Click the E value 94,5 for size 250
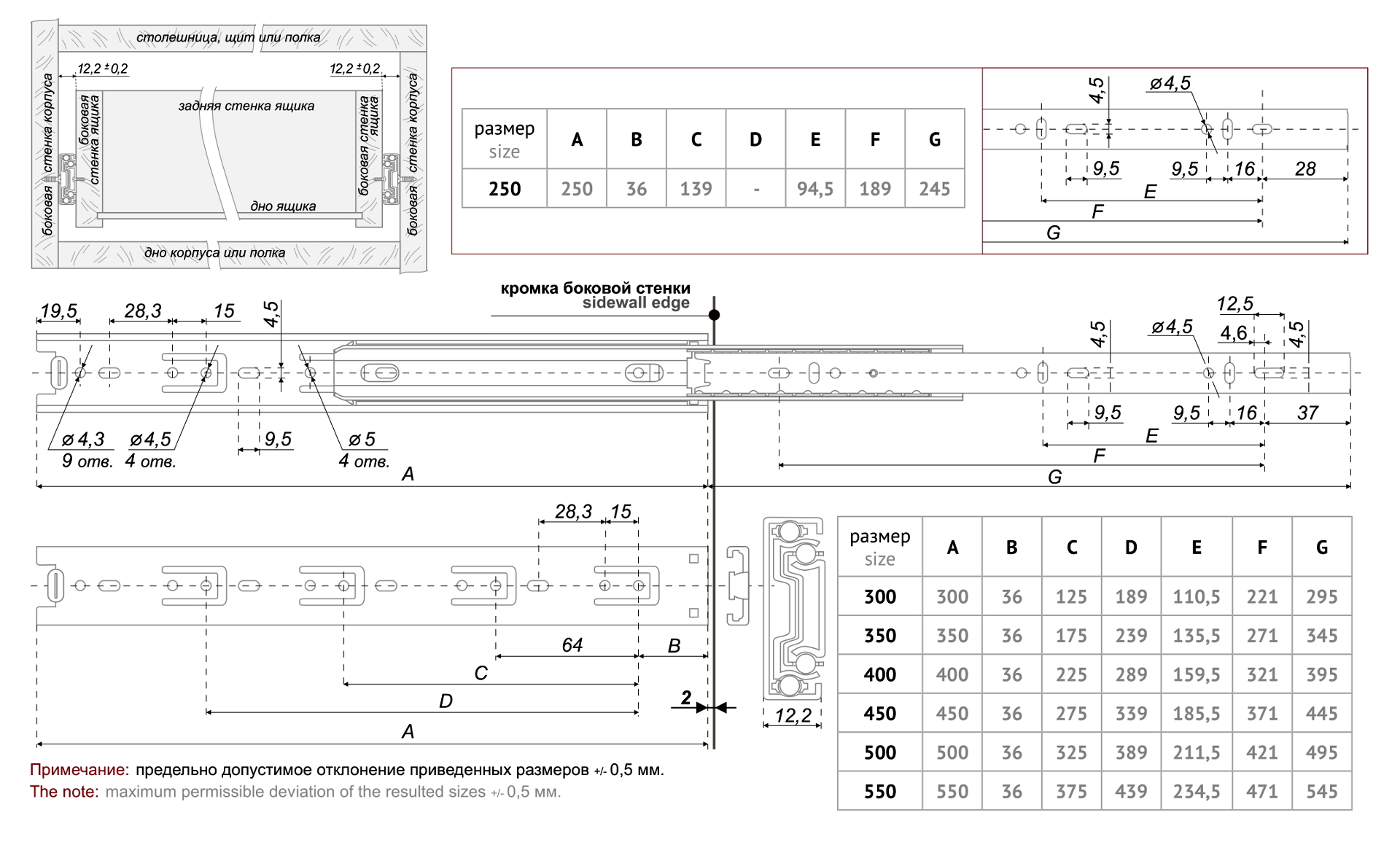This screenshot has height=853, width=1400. [x=814, y=189]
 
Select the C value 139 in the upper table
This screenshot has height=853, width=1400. [x=696, y=189]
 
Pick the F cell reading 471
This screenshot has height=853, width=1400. [x=1261, y=791]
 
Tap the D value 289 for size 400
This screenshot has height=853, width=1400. [x=1130, y=674]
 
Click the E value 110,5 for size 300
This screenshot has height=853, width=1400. [x=1196, y=596]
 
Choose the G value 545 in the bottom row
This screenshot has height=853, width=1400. [x=1321, y=791]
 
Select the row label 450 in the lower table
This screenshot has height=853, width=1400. [x=879, y=713]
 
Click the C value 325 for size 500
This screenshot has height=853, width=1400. [x=1070, y=752]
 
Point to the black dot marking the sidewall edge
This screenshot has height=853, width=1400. [x=714, y=315]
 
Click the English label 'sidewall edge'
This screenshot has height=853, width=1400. [x=635, y=303]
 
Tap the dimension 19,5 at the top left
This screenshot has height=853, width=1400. [x=58, y=311]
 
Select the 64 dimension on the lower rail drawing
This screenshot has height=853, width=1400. [x=572, y=644]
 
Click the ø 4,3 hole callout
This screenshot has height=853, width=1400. [x=83, y=440]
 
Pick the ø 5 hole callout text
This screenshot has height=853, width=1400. [x=362, y=440]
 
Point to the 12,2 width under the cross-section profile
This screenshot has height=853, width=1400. [x=793, y=715]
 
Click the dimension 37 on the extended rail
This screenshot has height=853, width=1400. [x=1307, y=413]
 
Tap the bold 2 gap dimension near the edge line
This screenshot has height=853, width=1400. [x=685, y=698]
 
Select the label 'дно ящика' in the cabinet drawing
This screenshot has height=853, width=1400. [x=283, y=206]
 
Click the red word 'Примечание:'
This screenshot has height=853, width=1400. [x=79, y=770]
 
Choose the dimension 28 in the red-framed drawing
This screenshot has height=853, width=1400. [x=1305, y=169]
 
